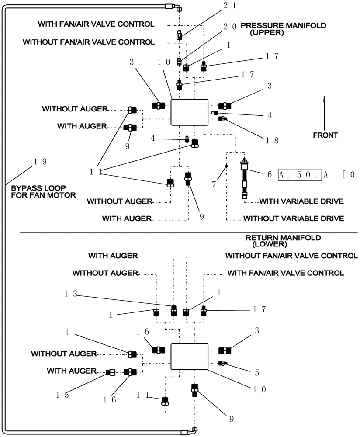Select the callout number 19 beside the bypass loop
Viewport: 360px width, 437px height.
pos(40,161)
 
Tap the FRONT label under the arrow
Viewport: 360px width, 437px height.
pos(325,135)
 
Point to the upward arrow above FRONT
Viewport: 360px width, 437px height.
pos(324,112)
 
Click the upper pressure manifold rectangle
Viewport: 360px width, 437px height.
pos(189,112)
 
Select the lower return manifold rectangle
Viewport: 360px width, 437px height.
pos(189,357)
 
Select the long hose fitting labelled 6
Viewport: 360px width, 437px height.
pos(245,179)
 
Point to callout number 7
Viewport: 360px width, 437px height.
pos(214,184)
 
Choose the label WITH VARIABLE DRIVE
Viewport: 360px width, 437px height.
pos(301,201)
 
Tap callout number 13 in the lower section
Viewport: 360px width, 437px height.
pos(69,294)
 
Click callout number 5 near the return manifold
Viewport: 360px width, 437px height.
pos(256,373)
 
